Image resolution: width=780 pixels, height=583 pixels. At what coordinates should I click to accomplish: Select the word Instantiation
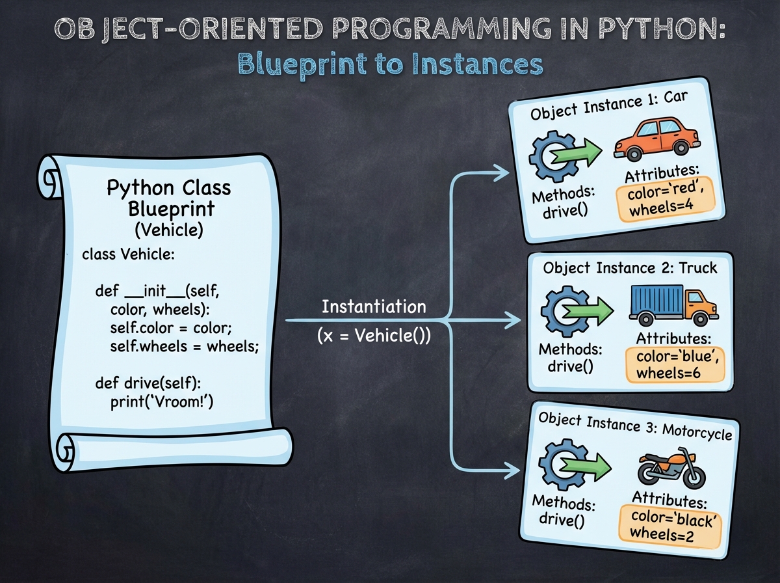(374, 306)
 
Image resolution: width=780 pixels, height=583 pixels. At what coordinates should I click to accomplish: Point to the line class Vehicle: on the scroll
(129, 254)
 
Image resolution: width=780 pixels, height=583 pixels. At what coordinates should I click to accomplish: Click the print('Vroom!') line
(162, 402)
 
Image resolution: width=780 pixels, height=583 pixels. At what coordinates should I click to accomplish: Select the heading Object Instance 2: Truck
(630, 269)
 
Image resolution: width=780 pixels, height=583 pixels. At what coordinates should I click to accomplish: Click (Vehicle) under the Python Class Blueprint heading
(169, 230)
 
